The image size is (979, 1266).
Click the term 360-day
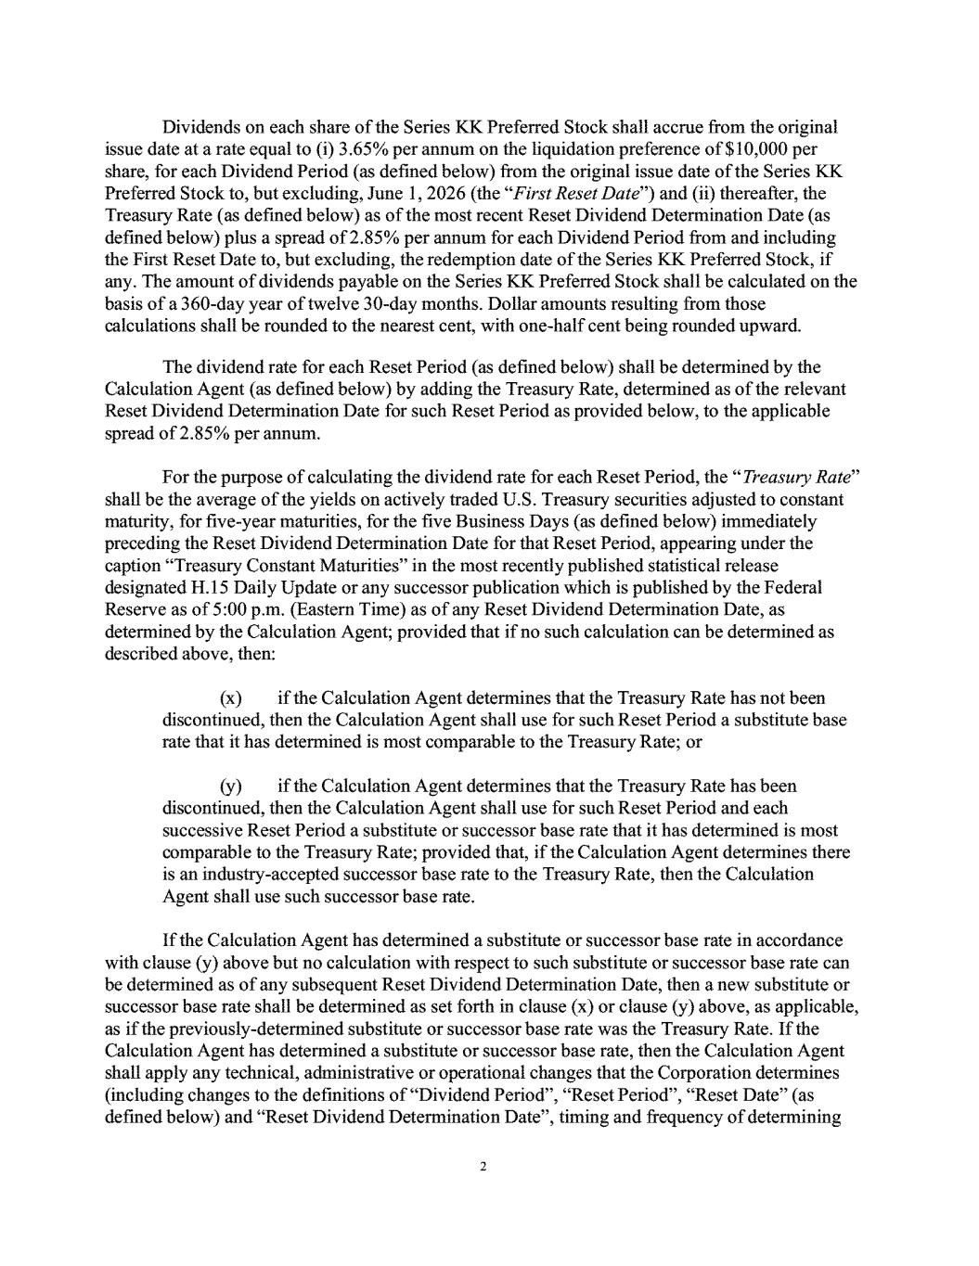(201, 303)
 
